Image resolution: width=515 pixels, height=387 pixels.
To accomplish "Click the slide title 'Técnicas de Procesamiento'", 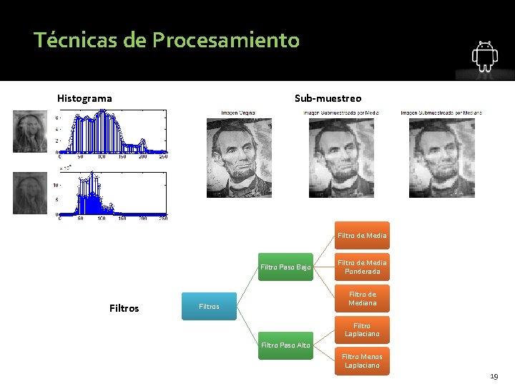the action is click(x=166, y=40).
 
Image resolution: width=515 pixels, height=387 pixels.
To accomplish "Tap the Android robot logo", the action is click(x=484, y=57).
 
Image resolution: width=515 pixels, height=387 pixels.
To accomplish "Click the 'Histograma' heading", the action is click(x=84, y=98).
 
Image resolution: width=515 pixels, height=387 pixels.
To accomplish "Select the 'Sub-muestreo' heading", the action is click(x=328, y=98).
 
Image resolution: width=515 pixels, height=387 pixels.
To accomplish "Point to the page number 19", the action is click(x=494, y=376).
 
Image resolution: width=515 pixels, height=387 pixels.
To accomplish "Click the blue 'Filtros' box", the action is click(x=210, y=306).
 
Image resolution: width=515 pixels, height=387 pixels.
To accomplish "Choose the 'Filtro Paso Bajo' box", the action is click(x=285, y=267).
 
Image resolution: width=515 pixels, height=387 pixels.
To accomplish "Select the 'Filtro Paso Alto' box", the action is click(x=285, y=345).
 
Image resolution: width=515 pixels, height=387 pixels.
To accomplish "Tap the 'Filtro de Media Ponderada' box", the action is click(x=362, y=267).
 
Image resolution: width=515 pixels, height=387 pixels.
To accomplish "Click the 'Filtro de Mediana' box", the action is click(x=362, y=298).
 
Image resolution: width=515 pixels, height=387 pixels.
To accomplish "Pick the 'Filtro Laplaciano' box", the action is click(x=362, y=330).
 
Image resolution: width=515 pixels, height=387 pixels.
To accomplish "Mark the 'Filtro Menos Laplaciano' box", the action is click(x=362, y=360).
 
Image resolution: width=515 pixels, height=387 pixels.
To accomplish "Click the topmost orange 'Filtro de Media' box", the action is click(x=362, y=235).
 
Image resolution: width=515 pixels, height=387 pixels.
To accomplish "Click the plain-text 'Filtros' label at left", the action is click(x=124, y=308).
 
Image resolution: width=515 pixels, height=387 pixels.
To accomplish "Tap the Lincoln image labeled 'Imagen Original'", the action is click(x=238, y=157).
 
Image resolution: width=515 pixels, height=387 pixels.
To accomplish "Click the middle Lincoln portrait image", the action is click(x=341, y=157).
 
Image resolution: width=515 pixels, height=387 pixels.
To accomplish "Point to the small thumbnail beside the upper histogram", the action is click(x=29, y=132).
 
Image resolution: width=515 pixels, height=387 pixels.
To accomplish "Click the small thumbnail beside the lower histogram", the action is click(x=29, y=193).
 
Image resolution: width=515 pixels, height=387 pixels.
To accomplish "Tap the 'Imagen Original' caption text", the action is click(x=237, y=113).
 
